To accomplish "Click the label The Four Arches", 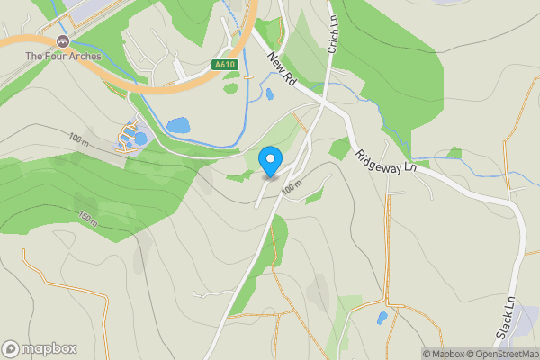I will click(63, 57).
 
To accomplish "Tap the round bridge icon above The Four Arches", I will click(62, 41).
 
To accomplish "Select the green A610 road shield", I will click(226, 65).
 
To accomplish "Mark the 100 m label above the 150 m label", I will click(80, 139).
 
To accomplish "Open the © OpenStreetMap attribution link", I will click(507, 354).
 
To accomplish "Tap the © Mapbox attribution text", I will click(447, 354).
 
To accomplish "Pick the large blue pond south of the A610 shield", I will click(179, 125).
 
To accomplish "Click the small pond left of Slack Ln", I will click(382, 318).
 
